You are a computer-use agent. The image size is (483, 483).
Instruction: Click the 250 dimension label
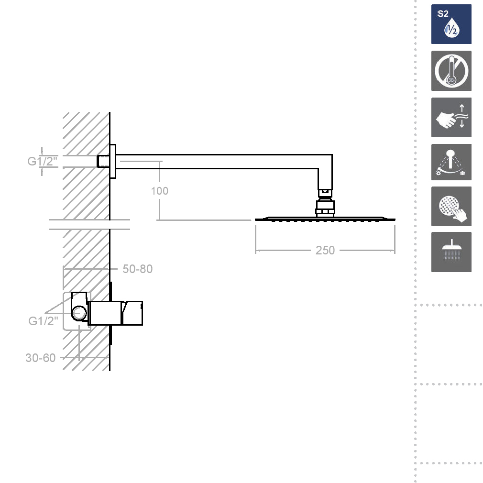tap(325, 250)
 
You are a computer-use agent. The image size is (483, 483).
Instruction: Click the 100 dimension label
tap(160, 191)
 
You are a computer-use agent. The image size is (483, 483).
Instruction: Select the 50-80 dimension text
tap(137, 269)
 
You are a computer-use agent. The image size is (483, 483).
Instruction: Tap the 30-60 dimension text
tap(40, 358)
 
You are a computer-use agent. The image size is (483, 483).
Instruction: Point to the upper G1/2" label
tap(43, 161)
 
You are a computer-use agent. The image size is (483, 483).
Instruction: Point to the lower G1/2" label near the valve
tap(43, 321)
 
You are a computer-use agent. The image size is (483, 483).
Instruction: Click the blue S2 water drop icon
tap(451, 24)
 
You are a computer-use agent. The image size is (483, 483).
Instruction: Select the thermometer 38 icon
tap(451, 71)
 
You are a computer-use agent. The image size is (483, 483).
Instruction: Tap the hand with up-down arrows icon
tap(451, 117)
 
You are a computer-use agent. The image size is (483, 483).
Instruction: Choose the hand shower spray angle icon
tap(451, 162)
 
